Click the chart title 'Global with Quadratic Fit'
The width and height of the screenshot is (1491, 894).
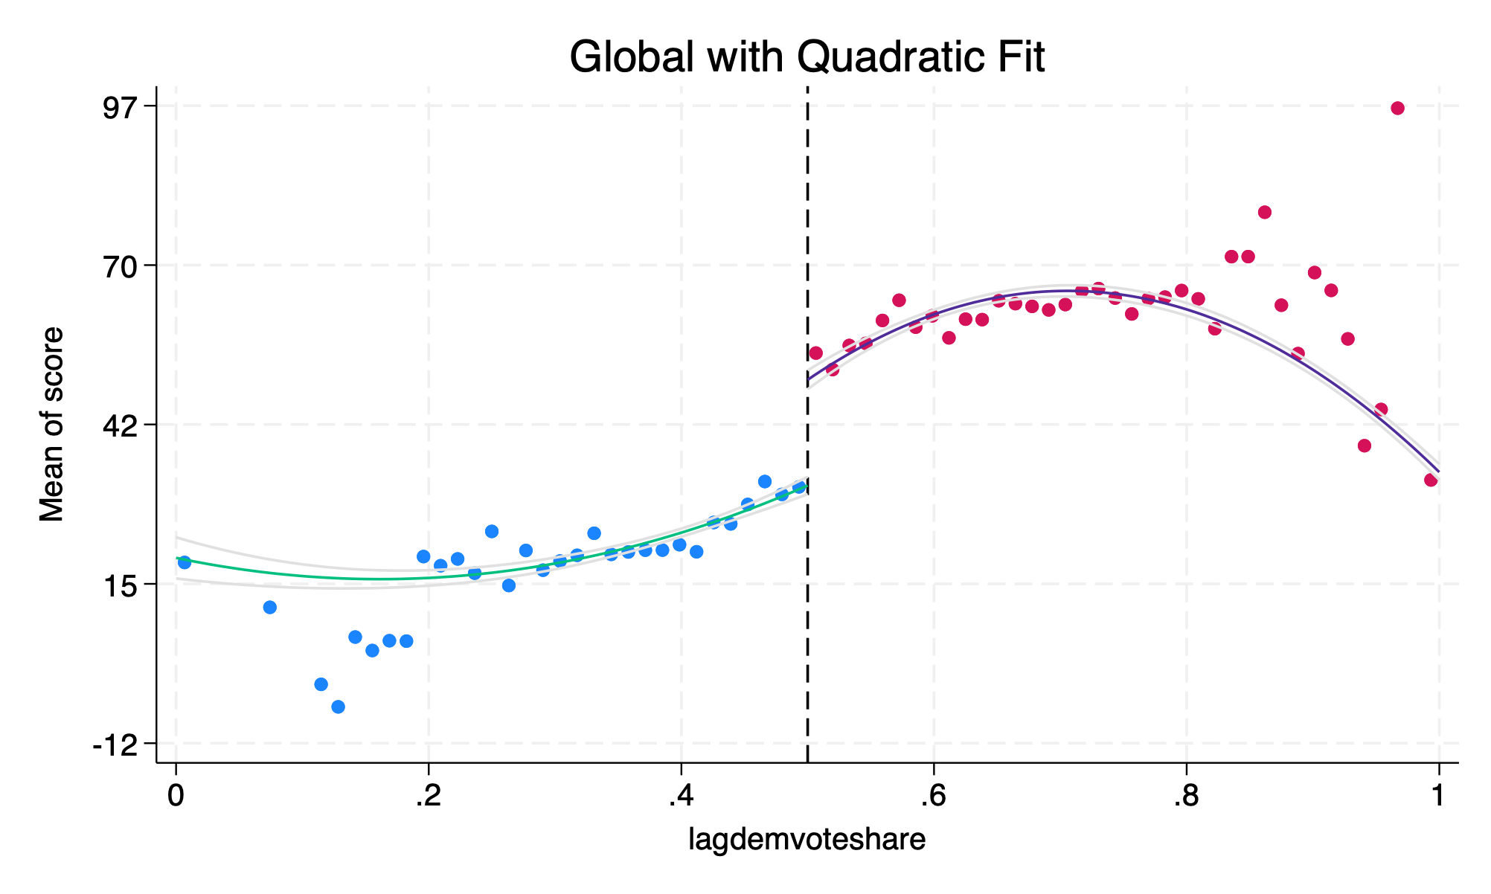807,57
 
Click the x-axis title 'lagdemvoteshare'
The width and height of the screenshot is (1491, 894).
807,839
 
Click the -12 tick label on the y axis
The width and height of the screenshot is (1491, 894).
119,743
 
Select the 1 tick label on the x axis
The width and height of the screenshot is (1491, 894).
1438,796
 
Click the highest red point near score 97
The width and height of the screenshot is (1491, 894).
1397,109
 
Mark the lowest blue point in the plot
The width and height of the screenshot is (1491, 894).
338,707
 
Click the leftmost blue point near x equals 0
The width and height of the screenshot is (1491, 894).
185,562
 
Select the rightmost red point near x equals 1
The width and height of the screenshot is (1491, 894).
1431,480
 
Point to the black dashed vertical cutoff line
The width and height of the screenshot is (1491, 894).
808,223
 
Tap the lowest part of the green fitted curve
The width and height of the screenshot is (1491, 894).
379,579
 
